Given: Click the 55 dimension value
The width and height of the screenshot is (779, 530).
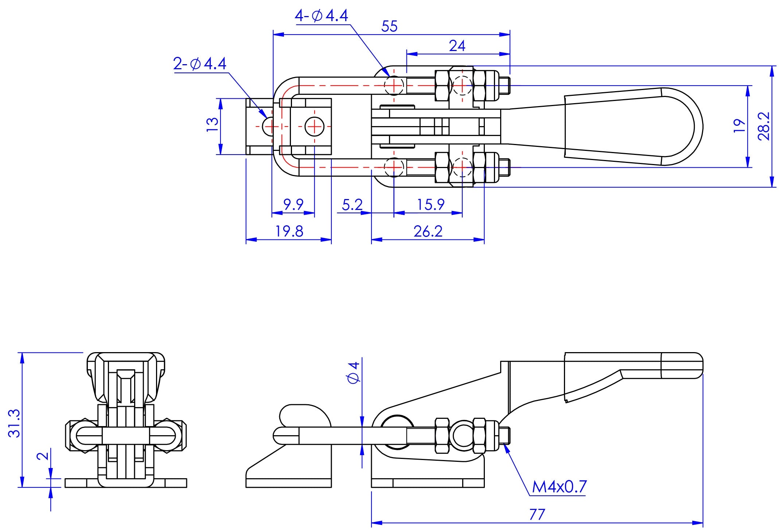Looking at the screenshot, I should point(389,27).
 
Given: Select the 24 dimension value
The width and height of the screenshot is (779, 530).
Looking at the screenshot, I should point(457,46).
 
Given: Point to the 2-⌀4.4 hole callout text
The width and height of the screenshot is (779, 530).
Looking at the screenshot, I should point(200,64).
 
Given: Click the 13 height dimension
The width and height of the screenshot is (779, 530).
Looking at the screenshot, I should point(213,126).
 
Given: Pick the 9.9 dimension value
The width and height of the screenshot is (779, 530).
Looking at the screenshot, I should point(293,205).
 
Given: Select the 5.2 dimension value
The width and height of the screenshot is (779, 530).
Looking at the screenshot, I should point(352,205).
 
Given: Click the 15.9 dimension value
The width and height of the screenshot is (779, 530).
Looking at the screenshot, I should point(431,205).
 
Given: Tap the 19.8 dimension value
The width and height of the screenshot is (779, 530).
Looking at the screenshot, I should point(289,231).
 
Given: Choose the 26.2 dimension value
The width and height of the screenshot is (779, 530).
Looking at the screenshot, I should point(428,231).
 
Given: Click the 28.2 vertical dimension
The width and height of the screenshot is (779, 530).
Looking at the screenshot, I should point(764,126).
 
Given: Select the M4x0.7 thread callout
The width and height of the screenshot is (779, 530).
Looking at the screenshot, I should point(559,487).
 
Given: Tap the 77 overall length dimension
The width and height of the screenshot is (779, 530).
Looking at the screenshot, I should point(537,515).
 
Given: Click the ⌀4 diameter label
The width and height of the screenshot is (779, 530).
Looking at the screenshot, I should point(354,373).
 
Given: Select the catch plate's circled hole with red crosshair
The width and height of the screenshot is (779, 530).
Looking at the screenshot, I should point(314,126).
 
